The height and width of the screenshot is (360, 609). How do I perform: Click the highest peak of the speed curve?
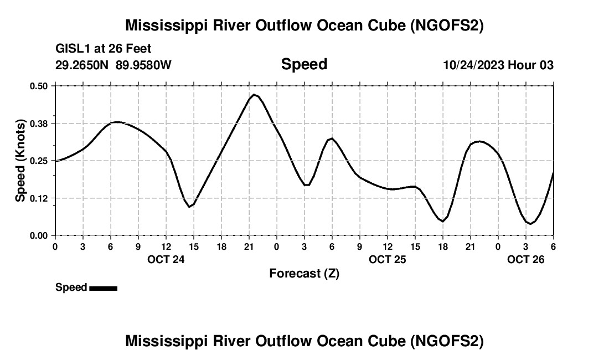coord(254,95)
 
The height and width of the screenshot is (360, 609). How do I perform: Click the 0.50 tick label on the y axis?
coord(39,86)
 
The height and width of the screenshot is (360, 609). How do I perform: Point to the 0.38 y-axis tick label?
coord(39,123)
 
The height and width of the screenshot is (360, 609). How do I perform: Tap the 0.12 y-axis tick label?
coord(39,198)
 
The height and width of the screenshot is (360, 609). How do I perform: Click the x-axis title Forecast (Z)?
coord(304,274)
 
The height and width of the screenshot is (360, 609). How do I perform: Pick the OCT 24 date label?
coord(166,259)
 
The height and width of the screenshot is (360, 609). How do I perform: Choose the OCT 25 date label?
coord(388,259)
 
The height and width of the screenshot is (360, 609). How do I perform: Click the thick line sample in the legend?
coord(103,288)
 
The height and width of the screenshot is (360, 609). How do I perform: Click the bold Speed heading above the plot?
coord(304,64)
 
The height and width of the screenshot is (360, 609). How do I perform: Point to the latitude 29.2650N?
coord(82,65)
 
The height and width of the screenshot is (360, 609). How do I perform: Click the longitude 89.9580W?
coord(143,65)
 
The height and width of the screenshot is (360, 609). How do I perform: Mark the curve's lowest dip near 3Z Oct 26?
coord(530,224)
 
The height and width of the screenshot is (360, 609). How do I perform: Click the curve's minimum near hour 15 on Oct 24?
coord(189,207)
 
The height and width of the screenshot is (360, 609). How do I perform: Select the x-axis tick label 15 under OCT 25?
coord(415,246)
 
